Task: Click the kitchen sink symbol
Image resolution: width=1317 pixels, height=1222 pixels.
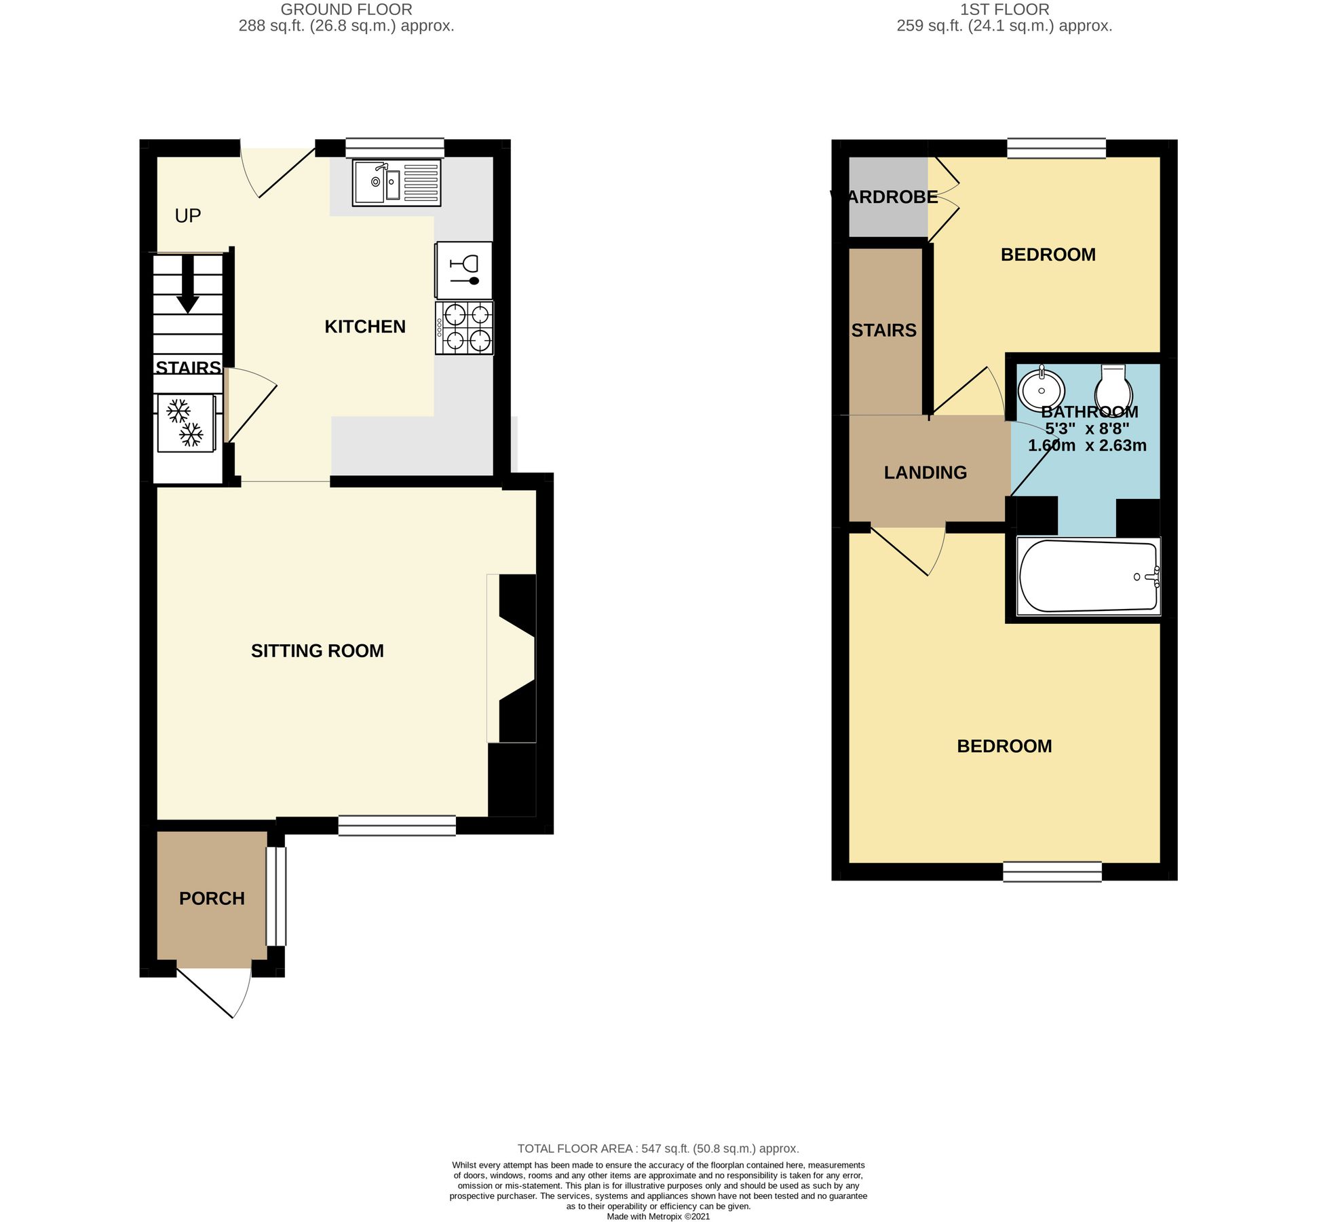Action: pos(396,183)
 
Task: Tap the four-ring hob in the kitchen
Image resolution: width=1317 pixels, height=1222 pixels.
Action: pos(465,328)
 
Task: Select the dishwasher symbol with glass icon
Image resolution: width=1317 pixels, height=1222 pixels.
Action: pos(465,270)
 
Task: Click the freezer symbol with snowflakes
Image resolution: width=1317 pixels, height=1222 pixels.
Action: pos(187,423)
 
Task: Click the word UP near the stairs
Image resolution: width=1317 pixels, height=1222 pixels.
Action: pos(188,216)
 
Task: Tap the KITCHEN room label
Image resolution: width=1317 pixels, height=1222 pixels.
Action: pos(365,327)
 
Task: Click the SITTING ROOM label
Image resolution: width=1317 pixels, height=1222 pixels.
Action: pos(317,651)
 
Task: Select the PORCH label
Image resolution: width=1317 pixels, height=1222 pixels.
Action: pos(212,898)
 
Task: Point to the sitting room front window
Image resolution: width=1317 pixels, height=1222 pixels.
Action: pos(397,826)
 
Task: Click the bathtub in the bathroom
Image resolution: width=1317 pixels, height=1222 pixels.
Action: pos(1088,576)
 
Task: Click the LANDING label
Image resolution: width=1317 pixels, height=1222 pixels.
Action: pos(925,473)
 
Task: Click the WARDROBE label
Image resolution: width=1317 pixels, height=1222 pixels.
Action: pos(884,197)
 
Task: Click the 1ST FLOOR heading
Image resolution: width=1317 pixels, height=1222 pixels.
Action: pos(1004,10)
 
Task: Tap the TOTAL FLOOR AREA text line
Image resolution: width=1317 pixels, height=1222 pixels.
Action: pos(657,1149)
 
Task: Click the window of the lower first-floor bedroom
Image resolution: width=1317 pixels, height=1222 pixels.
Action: pos(1052,872)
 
